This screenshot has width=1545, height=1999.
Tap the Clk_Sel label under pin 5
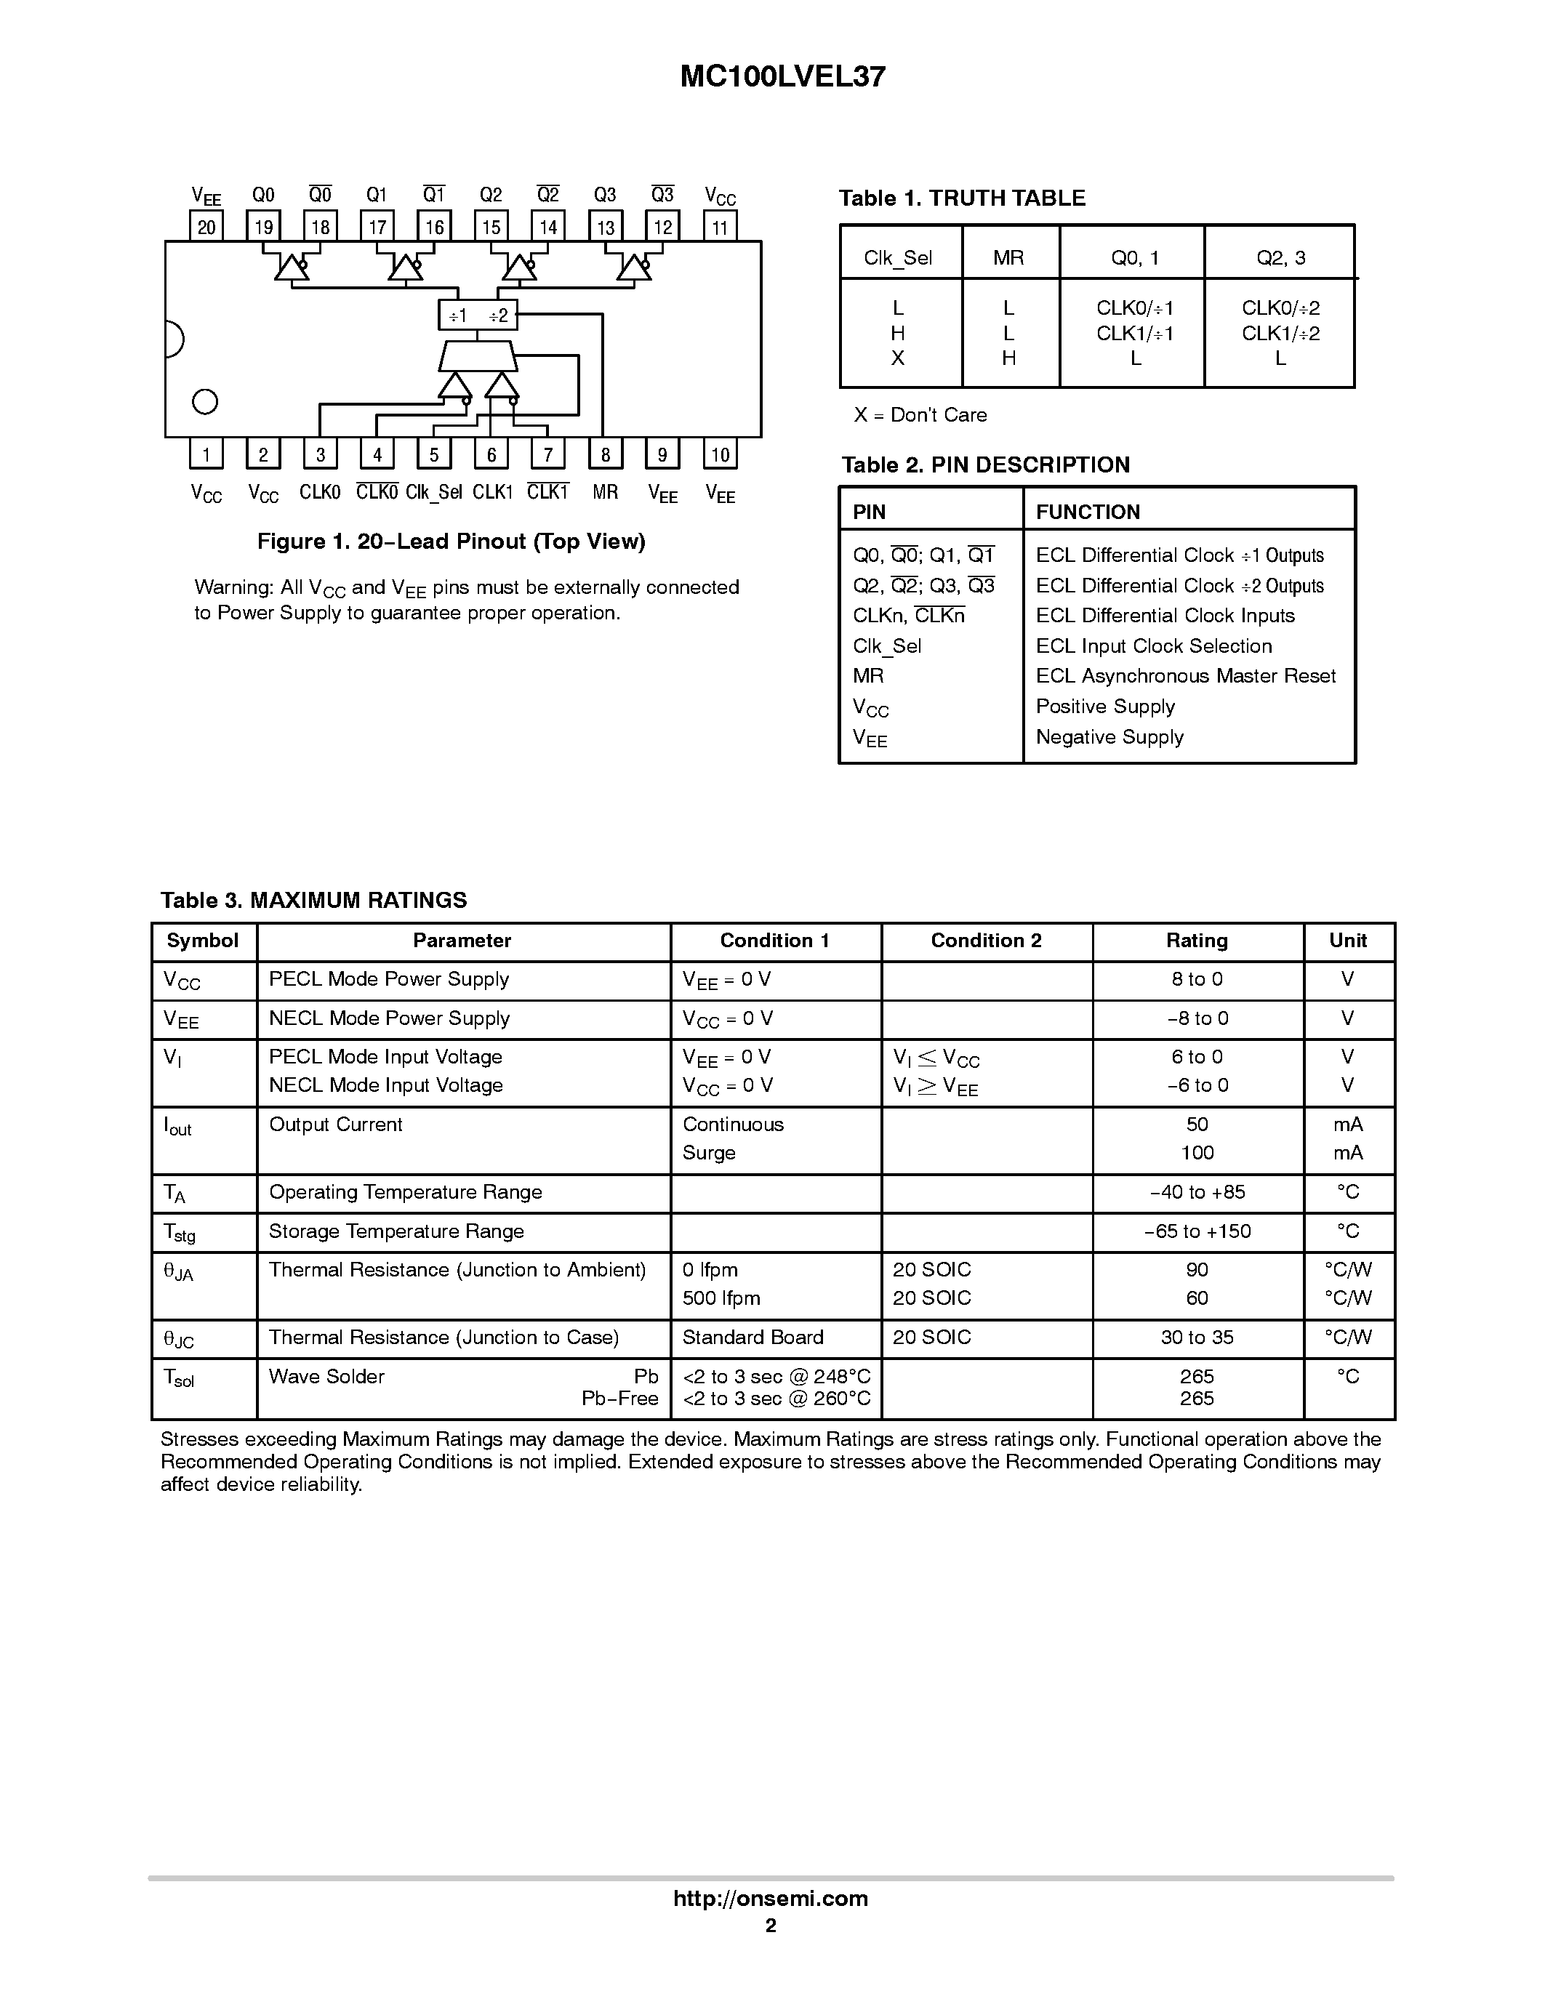(434, 492)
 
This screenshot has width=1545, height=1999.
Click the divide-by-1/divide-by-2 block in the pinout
(478, 315)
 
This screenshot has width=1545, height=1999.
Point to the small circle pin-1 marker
(205, 402)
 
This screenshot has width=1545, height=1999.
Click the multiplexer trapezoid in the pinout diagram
(478, 356)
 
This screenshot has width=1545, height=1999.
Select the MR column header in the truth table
(1008, 258)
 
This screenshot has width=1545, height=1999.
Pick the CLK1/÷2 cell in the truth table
(1280, 333)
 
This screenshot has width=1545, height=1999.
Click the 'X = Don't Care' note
(920, 414)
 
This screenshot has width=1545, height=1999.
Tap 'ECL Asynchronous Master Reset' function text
(1185, 675)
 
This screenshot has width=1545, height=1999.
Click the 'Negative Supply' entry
(1109, 737)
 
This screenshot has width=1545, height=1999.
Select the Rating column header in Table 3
(1196, 941)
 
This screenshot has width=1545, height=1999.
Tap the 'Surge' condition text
(708, 1152)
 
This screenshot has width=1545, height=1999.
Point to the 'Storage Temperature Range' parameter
(396, 1231)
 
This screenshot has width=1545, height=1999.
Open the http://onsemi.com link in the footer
(771, 1898)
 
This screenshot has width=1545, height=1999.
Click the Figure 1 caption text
(452, 541)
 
